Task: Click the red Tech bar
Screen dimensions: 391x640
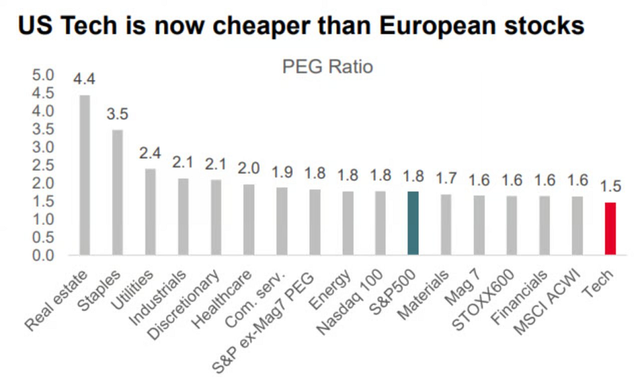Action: coord(610,229)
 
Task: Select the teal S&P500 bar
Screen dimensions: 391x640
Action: coord(413,223)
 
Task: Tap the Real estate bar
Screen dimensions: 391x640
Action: coord(84,175)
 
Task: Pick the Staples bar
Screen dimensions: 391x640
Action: coord(117,192)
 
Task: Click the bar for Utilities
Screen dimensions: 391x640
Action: coord(150,212)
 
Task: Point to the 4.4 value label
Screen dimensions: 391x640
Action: coord(84,79)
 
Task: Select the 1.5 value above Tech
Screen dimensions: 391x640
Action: coord(610,187)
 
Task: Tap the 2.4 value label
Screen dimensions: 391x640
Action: coord(150,153)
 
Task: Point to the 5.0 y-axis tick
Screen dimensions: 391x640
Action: coord(42,76)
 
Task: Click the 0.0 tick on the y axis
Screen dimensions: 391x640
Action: coord(42,255)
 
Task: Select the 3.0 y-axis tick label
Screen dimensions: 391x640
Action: coord(42,147)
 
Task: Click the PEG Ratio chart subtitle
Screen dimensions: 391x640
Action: coord(327,67)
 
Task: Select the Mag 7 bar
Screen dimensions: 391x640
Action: coord(478,225)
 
